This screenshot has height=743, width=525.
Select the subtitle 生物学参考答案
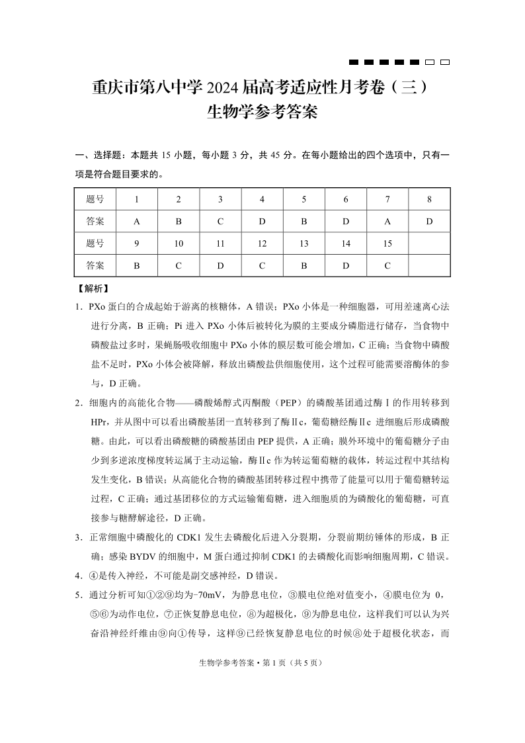[x=262, y=112]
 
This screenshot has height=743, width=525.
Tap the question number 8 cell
[x=429, y=199]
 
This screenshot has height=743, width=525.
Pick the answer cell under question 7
[x=387, y=221]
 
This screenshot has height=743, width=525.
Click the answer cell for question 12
[x=262, y=265]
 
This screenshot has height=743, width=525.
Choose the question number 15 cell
[x=387, y=243]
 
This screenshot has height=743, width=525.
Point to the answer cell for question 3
[x=220, y=221]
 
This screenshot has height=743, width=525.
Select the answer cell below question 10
[x=179, y=265]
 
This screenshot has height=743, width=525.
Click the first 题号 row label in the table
[x=95, y=199]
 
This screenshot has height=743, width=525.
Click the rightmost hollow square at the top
[x=445, y=62]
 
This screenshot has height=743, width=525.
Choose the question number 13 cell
[x=304, y=243]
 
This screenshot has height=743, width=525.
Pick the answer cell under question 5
[x=304, y=221]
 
